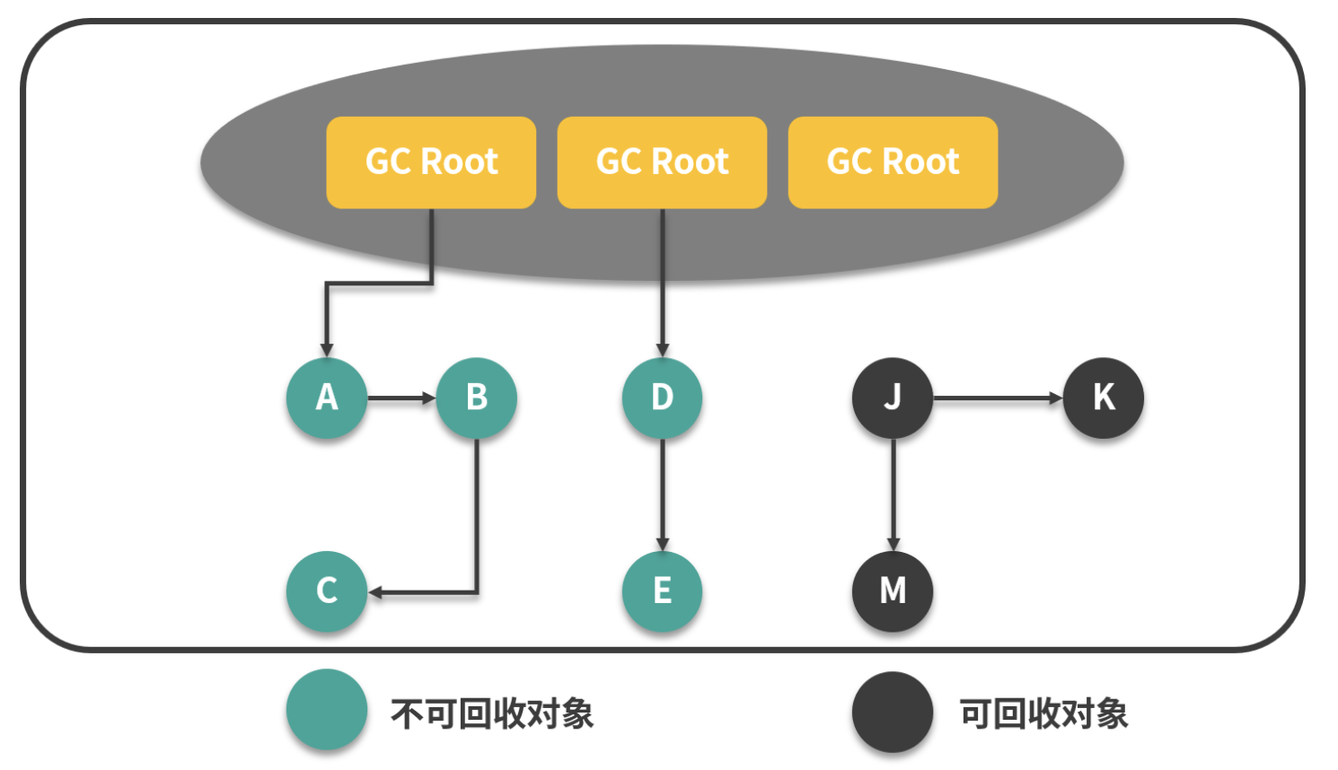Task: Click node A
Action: [327, 398]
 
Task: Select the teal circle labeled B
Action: [477, 398]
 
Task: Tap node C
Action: [327, 591]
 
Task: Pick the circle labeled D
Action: [662, 398]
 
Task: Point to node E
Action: [662, 591]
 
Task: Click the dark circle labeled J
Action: [893, 398]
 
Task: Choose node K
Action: [1104, 398]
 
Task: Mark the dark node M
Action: [893, 591]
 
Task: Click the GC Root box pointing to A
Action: [431, 162]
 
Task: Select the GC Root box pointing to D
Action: [662, 162]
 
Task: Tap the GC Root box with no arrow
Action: [893, 162]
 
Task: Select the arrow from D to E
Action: [662, 494]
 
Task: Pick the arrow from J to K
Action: [997, 398]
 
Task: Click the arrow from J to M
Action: [893, 494]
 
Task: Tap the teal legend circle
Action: [327, 710]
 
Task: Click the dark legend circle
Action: [893, 713]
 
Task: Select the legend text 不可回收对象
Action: [492, 714]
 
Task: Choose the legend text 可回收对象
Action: [1043, 714]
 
